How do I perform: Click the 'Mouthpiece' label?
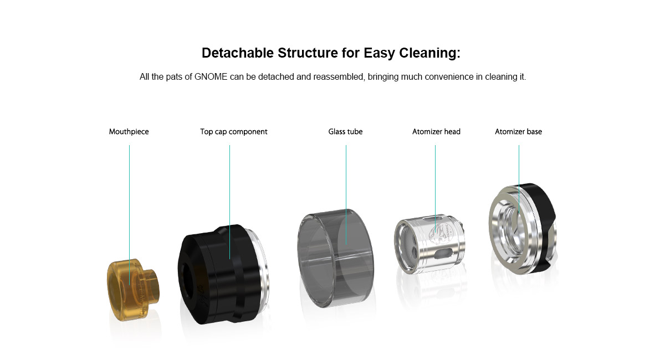[129, 132]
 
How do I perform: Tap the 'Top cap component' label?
[234, 132]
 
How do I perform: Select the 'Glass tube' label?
[345, 132]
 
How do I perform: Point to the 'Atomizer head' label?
[436, 132]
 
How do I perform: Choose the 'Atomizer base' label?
[518, 132]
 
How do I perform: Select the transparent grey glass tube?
[335, 258]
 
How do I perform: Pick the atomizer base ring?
[523, 229]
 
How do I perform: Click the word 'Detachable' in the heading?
[238, 53]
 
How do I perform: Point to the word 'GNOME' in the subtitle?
[211, 77]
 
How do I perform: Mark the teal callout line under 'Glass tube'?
[346, 195]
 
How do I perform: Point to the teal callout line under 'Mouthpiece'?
[130, 215]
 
